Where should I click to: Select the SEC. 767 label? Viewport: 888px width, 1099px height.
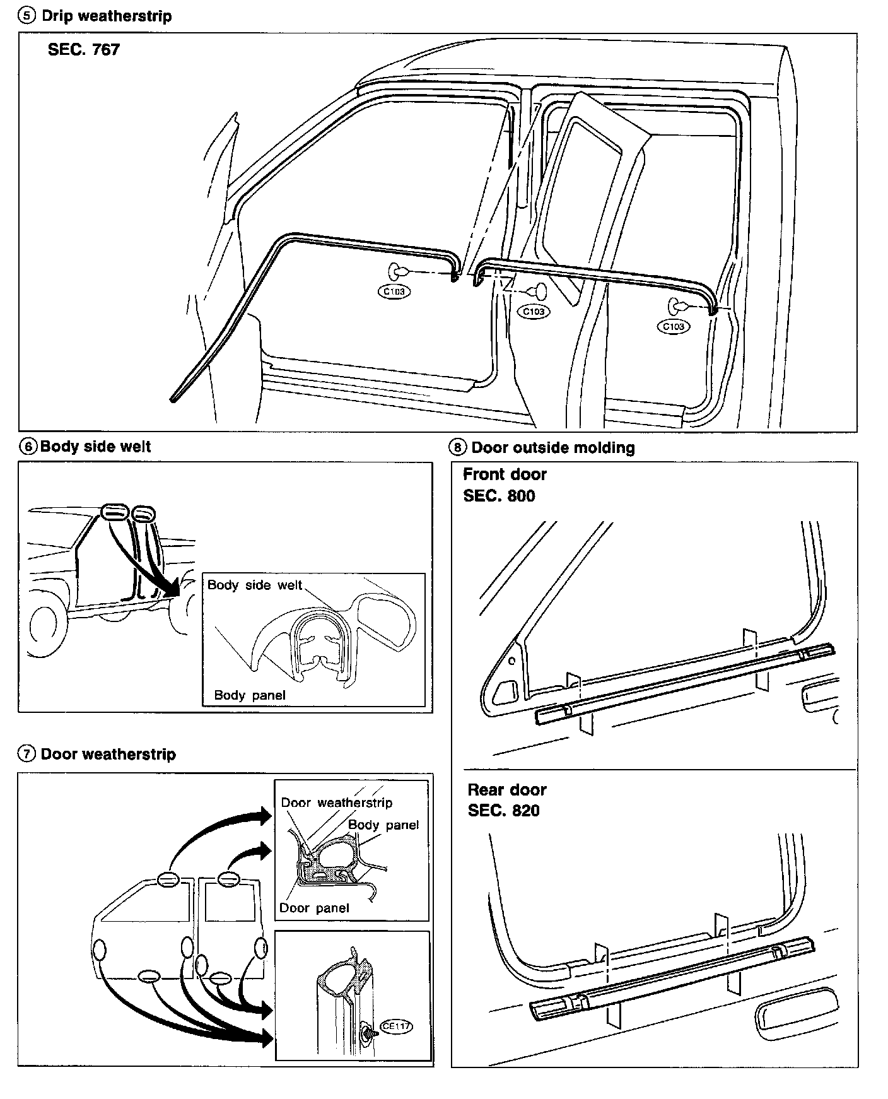[x=83, y=49]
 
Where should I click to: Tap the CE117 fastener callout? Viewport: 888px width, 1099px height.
[x=396, y=1026]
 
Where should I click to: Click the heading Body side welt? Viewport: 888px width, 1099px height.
[x=95, y=447]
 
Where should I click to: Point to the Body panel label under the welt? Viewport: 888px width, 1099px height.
[x=250, y=695]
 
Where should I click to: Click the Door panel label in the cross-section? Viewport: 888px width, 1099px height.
[x=313, y=908]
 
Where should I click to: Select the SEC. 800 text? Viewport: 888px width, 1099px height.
[x=499, y=496]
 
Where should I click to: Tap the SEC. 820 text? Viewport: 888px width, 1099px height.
[x=503, y=811]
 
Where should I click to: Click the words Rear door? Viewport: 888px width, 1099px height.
[x=506, y=790]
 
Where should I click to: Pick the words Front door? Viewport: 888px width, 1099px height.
[x=505, y=474]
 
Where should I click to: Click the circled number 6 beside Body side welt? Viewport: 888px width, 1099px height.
[x=28, y=447]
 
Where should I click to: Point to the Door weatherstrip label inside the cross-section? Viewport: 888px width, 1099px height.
[x=336, y=802]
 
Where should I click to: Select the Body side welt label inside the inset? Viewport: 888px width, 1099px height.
[x=255, y=585]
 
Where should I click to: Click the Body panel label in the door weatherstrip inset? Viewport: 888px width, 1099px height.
[x=383, y=825]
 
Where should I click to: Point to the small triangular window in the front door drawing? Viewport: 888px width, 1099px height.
[x=508, y=688]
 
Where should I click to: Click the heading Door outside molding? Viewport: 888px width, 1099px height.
[x=553, y=448]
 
